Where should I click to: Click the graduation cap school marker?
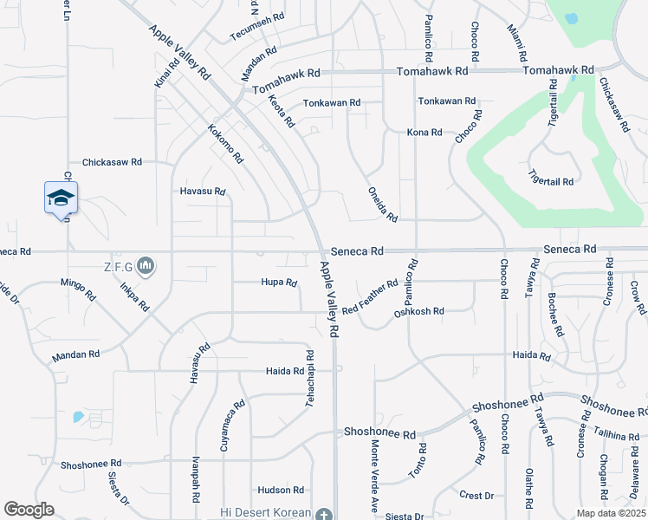click(61, 198)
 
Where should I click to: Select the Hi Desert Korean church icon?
click(324, 513)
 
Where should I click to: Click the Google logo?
click(29, 510)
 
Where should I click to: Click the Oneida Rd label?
click(382, 205)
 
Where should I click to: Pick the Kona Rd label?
click(424, 133)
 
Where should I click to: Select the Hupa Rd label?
click(279, 282)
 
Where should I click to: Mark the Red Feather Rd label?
click(370, 296)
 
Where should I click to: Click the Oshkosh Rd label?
click(418, 311)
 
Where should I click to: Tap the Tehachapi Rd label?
click(309, 374)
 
